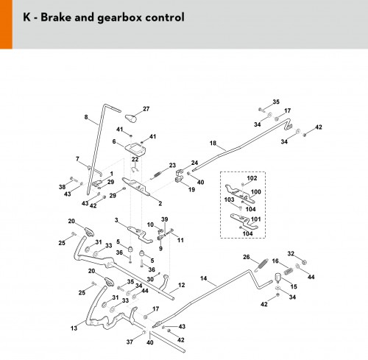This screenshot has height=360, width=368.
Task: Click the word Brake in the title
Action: (55, 17)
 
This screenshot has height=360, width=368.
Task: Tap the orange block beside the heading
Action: (6, 24)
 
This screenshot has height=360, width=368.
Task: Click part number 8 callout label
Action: (86, 117)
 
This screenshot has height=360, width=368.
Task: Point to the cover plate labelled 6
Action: (135, 149)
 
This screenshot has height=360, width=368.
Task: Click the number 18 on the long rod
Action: (213, 143)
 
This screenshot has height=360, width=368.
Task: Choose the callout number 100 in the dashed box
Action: (255, 191)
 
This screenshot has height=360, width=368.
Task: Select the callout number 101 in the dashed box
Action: (255, 219)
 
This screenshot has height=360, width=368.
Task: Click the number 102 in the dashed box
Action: (252, 178)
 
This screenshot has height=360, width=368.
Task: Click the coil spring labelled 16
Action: (289, 272)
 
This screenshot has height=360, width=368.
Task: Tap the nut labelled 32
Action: (304, 262)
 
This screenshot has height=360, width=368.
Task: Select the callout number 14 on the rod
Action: (203, 278)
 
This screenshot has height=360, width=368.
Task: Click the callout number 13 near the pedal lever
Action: (74, 328)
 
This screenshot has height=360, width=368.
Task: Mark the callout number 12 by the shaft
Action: (181, 285)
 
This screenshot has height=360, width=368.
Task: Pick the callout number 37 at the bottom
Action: (130, 342)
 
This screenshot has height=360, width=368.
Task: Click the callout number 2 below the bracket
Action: (160, 203)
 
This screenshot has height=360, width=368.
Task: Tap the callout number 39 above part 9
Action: (165, 219)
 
